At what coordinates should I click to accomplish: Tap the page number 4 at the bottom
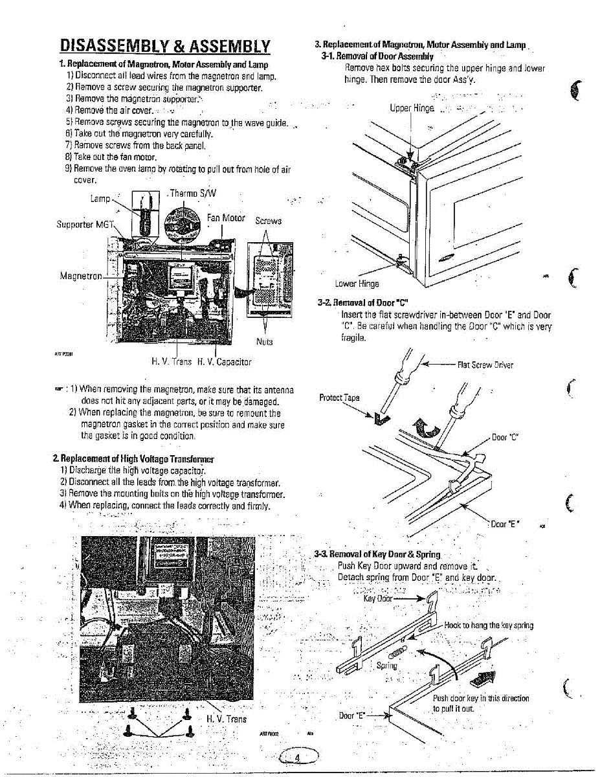[x=298, y=758]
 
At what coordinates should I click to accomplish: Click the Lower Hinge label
[x=357, y=283]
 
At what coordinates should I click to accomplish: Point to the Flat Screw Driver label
[x=485, y=365]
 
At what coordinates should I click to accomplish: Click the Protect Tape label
[x=339, y=397]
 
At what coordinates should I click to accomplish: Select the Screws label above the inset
[x=268, y=221]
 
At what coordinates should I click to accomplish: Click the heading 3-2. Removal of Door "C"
[x=362, y=302]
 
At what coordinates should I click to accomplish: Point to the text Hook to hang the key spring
[x=489, y=625]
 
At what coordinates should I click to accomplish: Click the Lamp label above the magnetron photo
[x=100, y=199]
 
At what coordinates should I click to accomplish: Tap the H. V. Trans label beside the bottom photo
[x=226, y=719]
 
